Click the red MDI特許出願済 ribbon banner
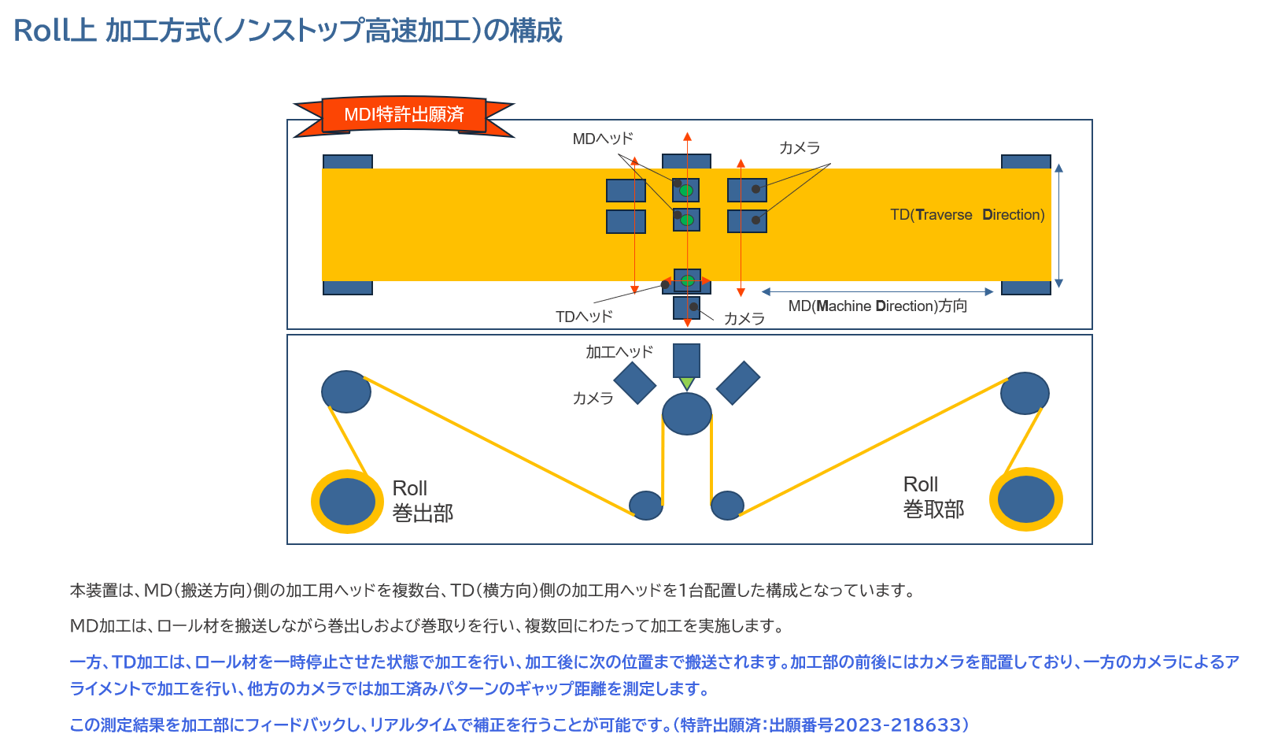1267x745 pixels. click(404, 116)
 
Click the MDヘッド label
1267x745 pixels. click(602, 139)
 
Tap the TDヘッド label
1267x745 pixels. click(584, 316)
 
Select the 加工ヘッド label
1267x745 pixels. click(619, 352)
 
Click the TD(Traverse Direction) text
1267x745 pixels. click(967, 214)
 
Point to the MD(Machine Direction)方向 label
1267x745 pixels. click(877, 306)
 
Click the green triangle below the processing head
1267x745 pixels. click(687, 384)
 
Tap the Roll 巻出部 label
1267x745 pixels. click(423, 500)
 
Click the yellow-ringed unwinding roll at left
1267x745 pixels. click(347, 502)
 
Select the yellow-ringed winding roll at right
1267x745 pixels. click(1025, 499)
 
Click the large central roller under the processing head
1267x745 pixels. click(687, 413)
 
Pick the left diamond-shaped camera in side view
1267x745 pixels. click(634, 384)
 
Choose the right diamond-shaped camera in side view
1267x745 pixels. click(738, 384)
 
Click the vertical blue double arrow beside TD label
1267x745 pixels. click(1059, 225)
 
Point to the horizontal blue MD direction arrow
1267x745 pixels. click(877, 292)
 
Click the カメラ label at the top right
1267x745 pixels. click(800, 148)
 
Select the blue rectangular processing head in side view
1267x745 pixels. click(687, 361)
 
